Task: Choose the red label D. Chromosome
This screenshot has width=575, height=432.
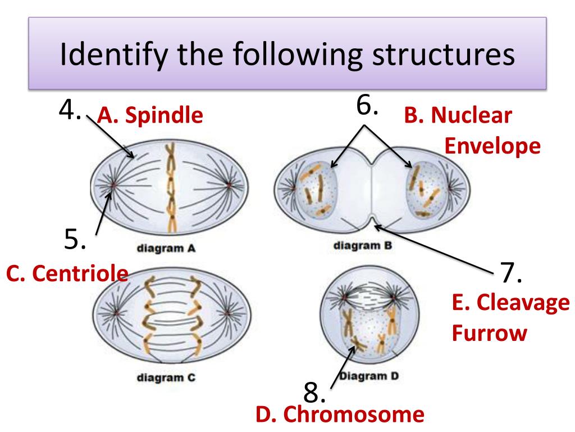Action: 339,415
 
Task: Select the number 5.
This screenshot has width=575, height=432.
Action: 74,240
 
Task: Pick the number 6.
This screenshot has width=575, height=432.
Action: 367,105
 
